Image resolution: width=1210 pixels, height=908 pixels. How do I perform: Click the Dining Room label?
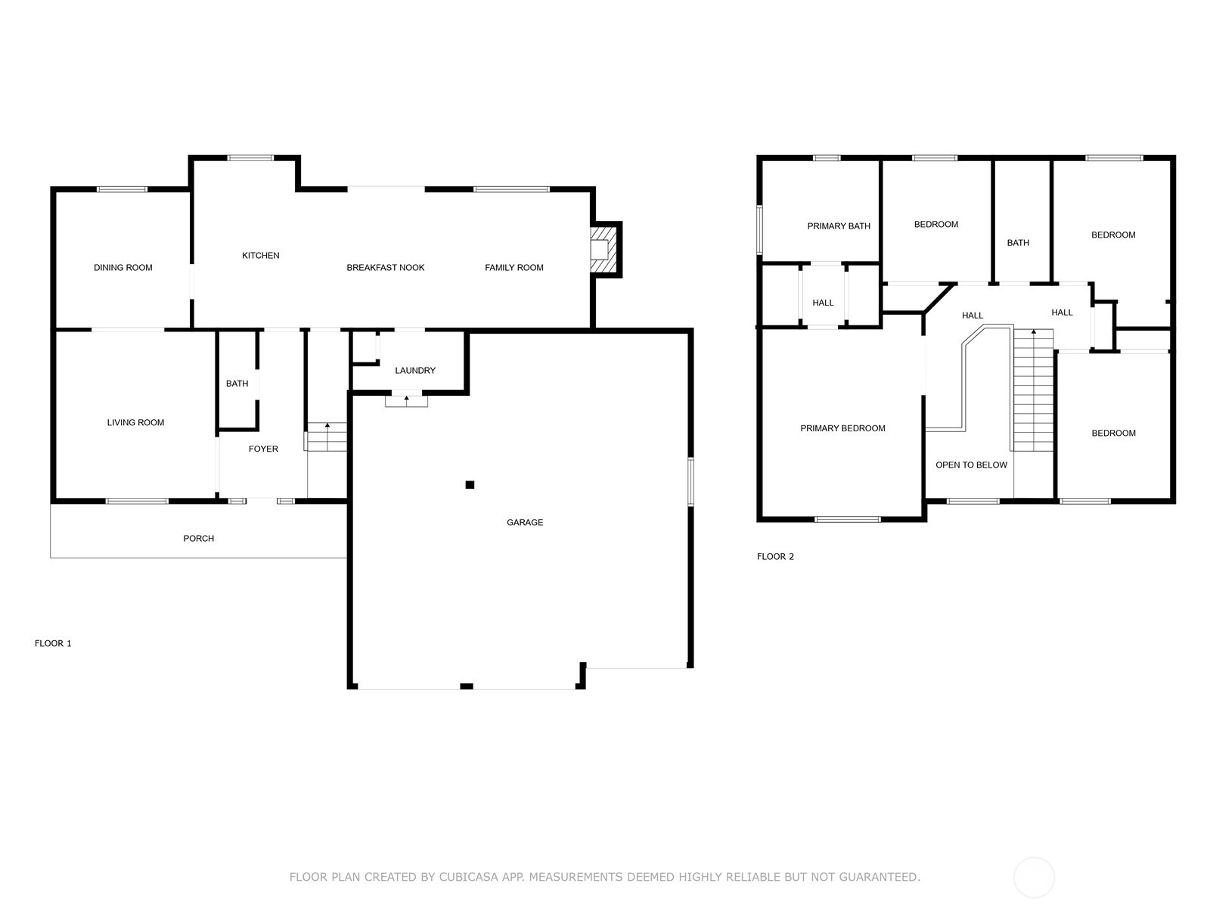pos(123,267)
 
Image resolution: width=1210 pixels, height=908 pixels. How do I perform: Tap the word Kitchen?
pos(261,255)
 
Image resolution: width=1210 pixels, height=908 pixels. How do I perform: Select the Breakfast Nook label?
pos(386,267)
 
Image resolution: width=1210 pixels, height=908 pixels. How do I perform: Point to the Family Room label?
pos(513,267)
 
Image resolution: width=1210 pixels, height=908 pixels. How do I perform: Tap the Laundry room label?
pos(415,371)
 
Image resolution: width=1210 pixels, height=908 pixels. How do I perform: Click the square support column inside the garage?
pos(470,484)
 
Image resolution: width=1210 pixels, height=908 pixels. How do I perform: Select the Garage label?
pos(525,522)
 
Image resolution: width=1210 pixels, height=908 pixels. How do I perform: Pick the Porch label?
pos(198,538)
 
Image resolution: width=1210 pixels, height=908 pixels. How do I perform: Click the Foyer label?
pos(263,449)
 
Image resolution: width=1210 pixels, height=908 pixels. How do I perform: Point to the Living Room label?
pos(135,422)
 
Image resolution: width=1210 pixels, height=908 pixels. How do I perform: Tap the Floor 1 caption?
pos(53,643)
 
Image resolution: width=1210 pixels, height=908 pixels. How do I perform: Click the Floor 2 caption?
pos(775,556)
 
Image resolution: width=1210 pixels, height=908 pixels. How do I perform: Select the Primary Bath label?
pos(839,226)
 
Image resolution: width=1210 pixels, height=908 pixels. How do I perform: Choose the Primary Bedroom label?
pos(842,428)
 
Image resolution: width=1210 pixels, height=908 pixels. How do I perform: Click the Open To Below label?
pos(971,465)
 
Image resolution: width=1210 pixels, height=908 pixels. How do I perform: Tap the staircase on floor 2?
pos(1034,390)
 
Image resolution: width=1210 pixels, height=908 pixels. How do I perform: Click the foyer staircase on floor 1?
pos(327,437)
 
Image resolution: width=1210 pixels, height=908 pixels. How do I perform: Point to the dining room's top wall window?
pos(122,190)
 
